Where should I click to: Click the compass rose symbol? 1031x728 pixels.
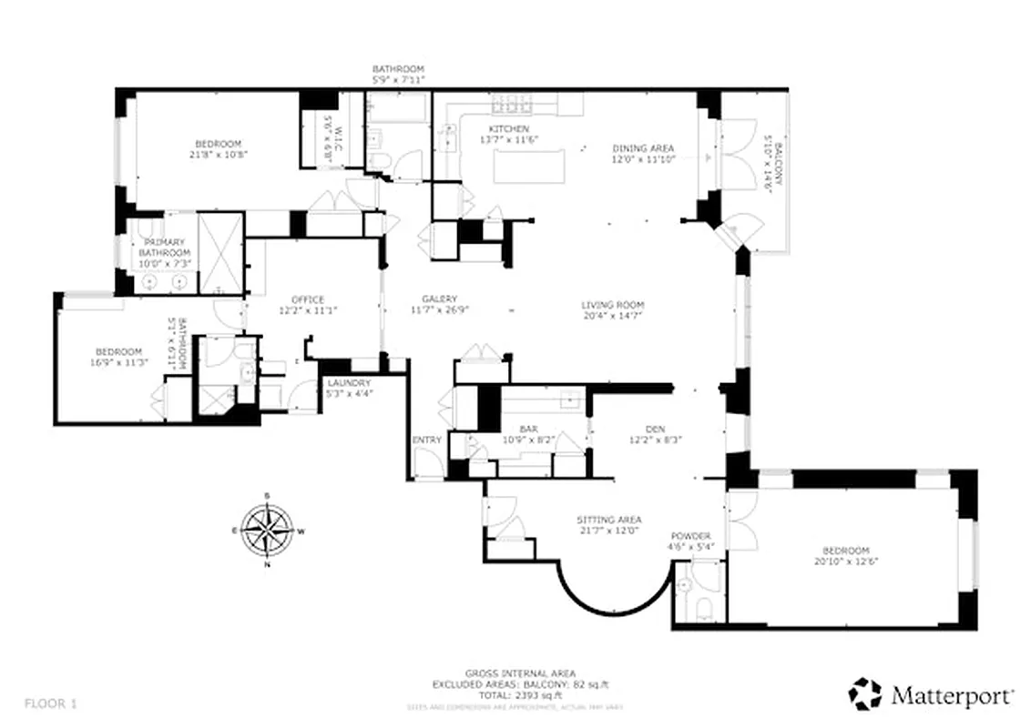267,529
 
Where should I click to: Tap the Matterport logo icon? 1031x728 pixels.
865,694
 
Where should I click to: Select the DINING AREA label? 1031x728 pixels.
642,148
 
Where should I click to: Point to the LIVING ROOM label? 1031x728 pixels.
613,305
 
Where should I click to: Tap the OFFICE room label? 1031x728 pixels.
307,299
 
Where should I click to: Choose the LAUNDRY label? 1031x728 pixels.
347,383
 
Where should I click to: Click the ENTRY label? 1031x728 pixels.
426,440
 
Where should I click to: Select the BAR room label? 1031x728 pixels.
527,428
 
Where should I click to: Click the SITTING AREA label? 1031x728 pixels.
609,521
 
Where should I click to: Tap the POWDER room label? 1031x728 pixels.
690,536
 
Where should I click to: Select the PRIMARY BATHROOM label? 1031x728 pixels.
165,248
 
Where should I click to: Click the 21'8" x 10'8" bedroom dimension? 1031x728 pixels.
219,154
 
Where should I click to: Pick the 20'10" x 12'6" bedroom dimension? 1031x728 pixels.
846,561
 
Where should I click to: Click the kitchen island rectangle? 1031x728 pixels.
528,167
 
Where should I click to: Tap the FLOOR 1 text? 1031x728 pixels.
50,702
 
